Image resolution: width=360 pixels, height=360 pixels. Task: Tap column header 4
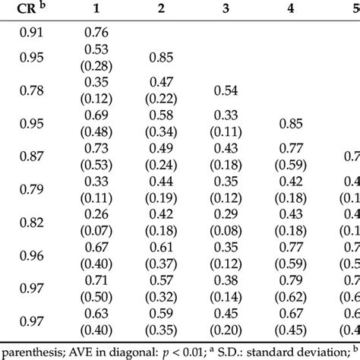313,11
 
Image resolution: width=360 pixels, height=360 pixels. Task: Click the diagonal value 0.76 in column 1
96,33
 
